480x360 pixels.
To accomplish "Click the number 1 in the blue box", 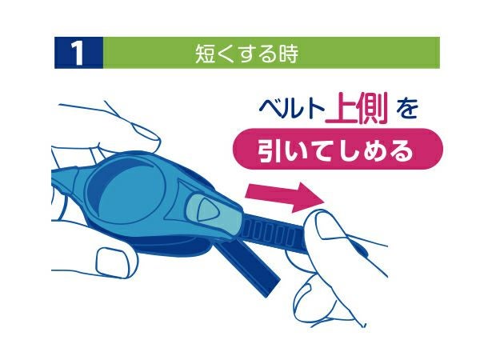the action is (78, 54).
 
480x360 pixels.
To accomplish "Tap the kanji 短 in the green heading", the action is (205, 54).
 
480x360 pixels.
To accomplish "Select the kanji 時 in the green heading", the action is (288, 54).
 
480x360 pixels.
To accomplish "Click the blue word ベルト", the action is (291, 109).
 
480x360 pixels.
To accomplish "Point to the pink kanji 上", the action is (340, 108).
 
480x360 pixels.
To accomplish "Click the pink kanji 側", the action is (371, 108).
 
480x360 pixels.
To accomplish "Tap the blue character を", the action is (406, 110).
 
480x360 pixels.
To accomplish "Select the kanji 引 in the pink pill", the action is (268, 150).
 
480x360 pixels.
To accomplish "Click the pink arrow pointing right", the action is (285, 197).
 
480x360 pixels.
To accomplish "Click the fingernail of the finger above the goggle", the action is (146, 133).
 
